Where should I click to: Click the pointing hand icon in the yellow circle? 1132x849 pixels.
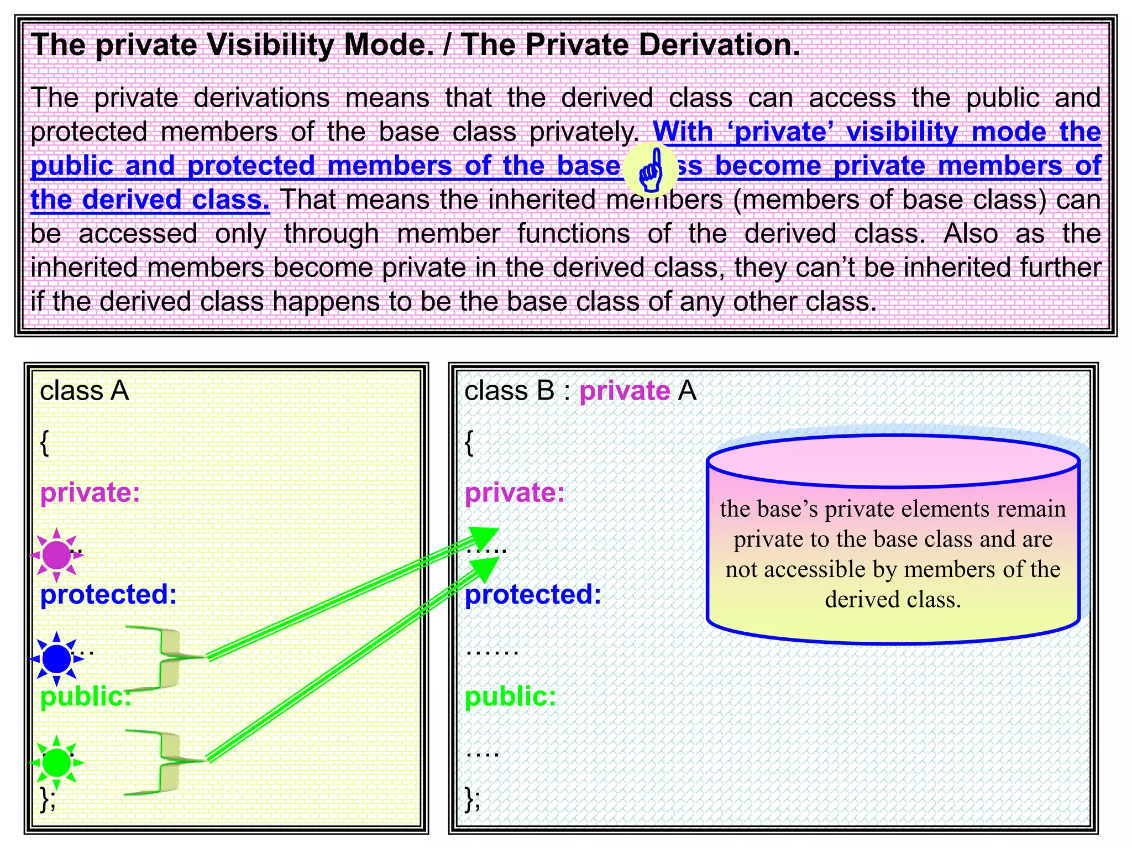tap(651, 170)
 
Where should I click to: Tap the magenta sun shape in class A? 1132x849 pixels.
tap(56, 555)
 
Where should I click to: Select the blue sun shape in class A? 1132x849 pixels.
tap(56, 658)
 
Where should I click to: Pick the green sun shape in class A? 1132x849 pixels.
tap(56, 763)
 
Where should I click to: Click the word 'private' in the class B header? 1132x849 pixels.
tap(625, 391)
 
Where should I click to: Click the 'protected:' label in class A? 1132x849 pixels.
tap(108, 595)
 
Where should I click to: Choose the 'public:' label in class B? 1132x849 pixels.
tap(510, 696)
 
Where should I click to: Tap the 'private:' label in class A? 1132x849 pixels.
tap(90, 492)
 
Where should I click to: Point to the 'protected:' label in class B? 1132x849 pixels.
tap(533, 595)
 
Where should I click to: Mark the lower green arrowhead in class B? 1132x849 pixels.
tap(485, 569)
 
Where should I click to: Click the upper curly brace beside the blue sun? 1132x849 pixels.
tap(163, 658)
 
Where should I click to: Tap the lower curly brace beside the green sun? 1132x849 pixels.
tap(163, 762)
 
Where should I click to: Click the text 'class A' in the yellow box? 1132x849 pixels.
tap(84, 391)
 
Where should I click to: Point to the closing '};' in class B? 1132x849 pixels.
tap(473, 799)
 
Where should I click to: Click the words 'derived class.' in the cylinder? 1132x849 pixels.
tap(893, 600)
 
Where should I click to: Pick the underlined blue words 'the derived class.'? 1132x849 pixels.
tap(150, 200)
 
